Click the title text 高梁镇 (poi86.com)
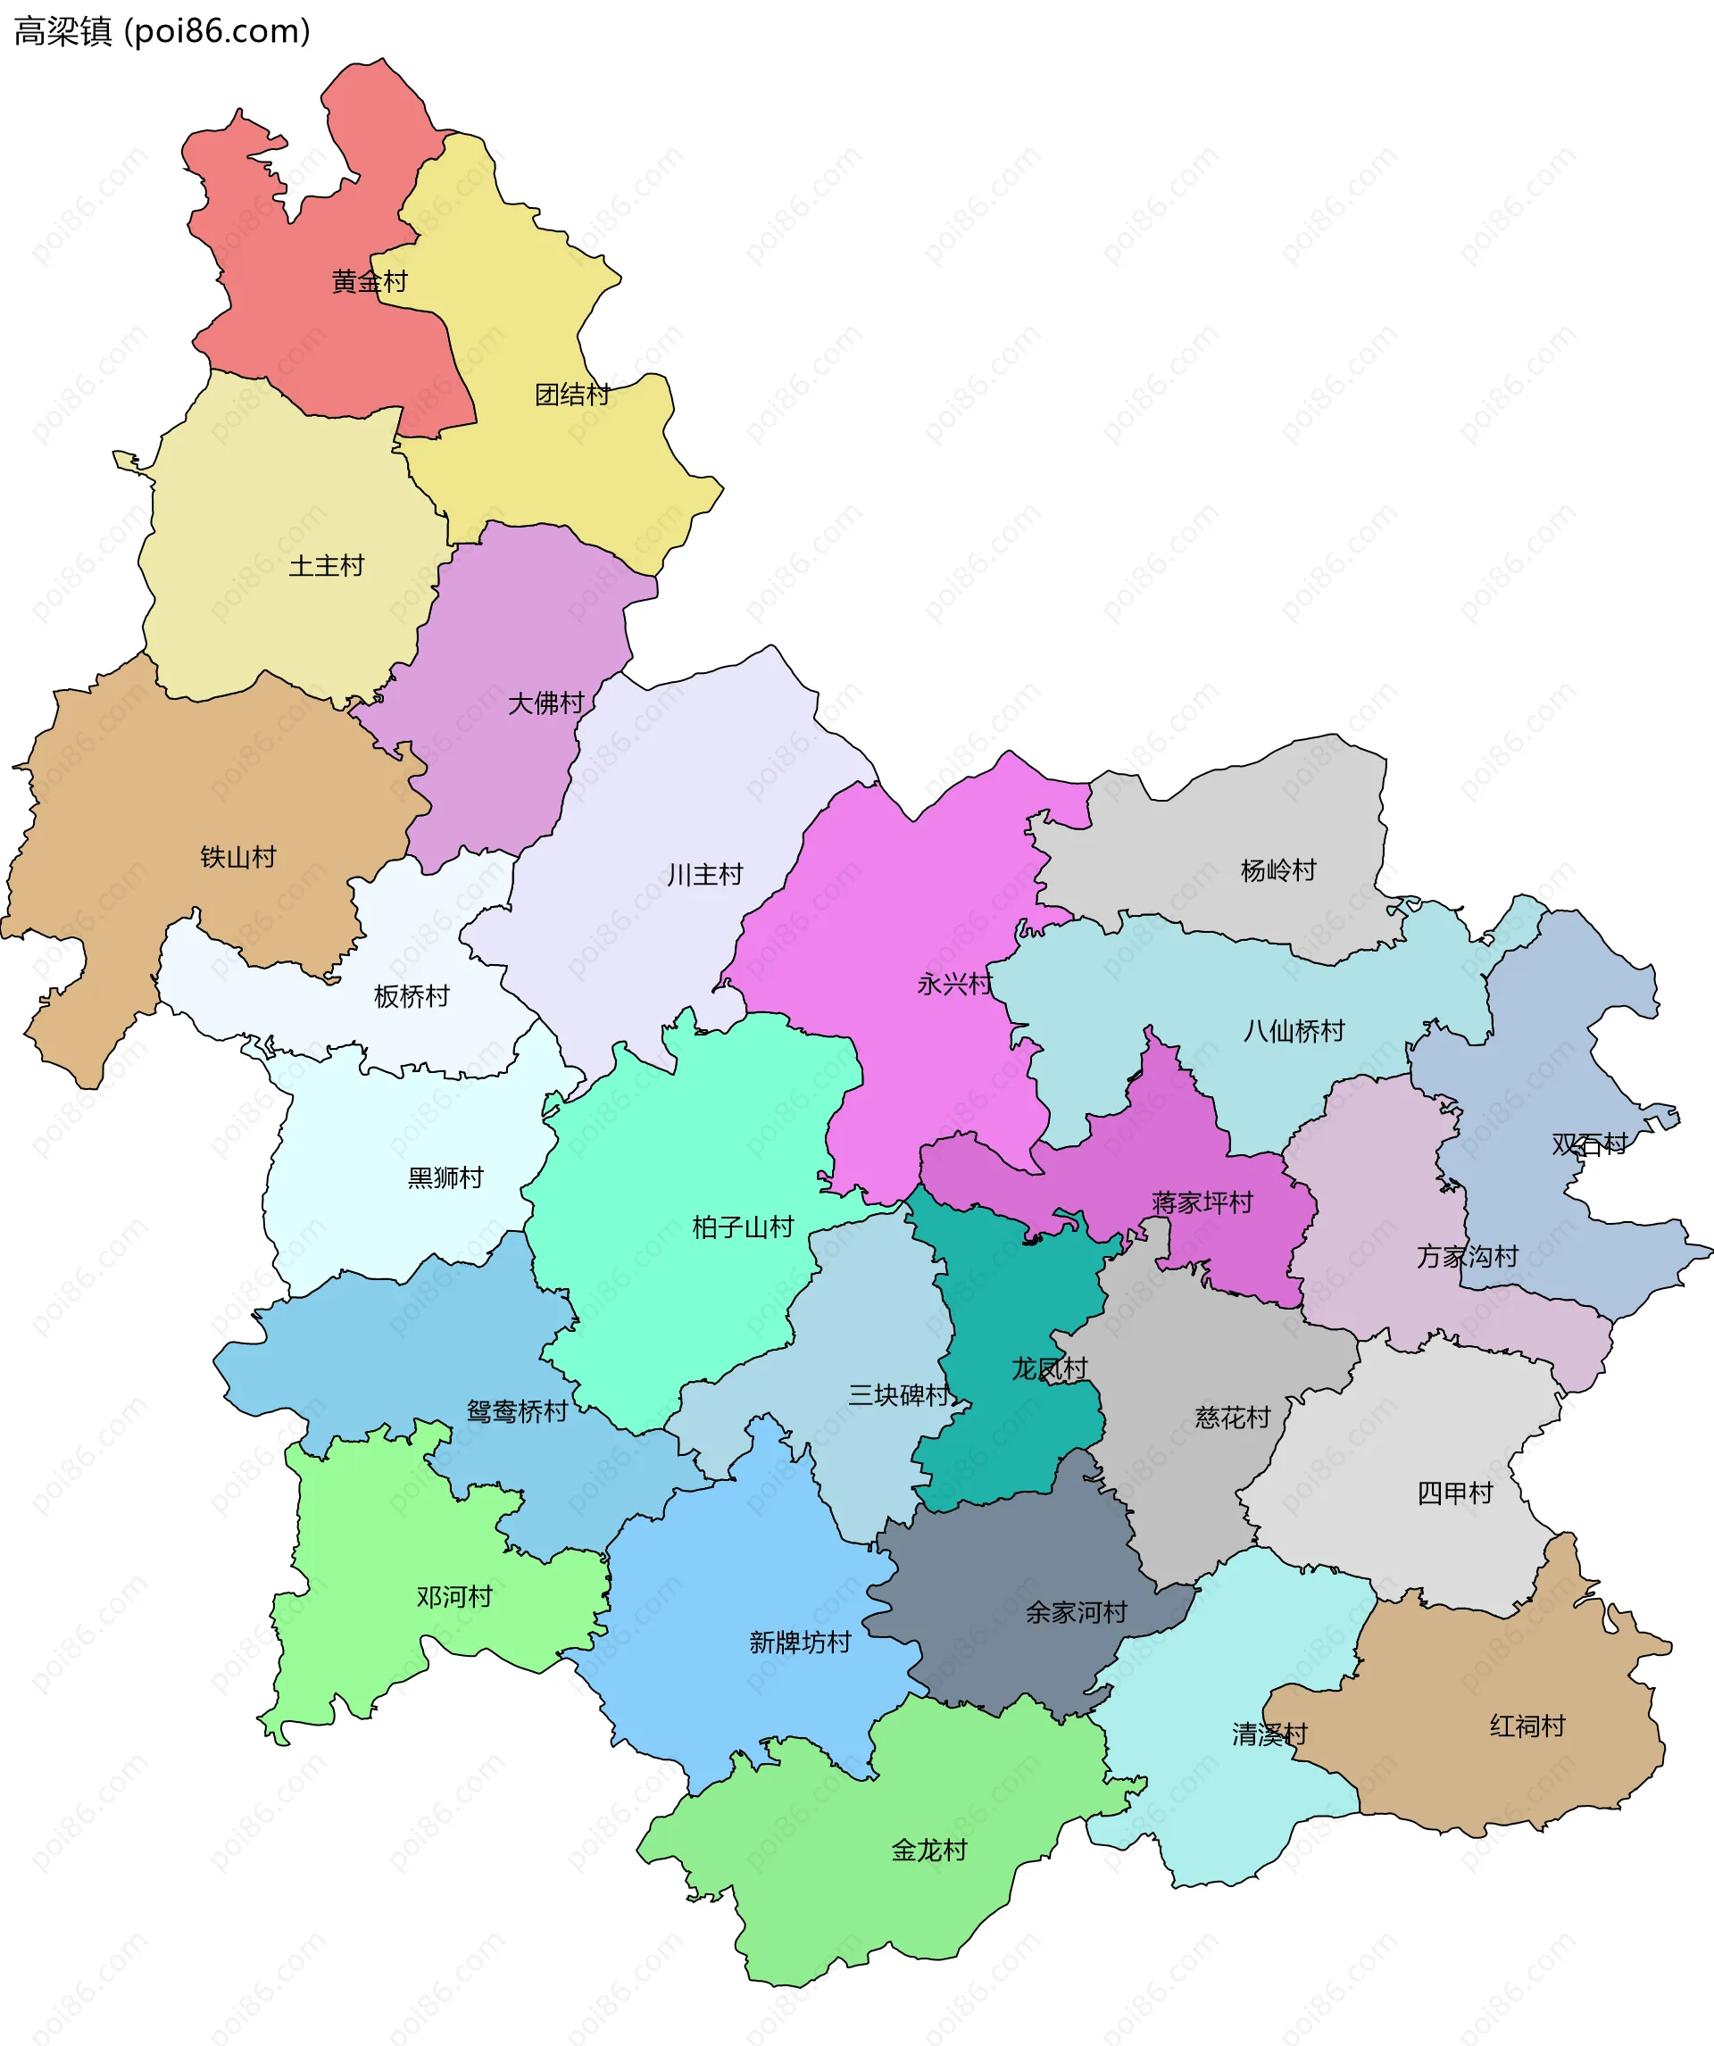162,31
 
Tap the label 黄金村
370,281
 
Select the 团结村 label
572,395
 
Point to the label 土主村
327,566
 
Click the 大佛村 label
545,703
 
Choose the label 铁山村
237,857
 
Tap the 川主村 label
704,875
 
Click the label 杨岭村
1277,870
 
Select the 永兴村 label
954,984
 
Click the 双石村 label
1589,1144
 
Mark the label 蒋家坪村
1202,1202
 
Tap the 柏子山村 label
743,1227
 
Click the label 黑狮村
445,1178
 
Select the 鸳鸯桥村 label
517,1410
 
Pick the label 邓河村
454,1596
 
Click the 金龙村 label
928,1850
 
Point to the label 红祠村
1527,1726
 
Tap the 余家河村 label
1076,1611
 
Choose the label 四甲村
1454,1493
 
